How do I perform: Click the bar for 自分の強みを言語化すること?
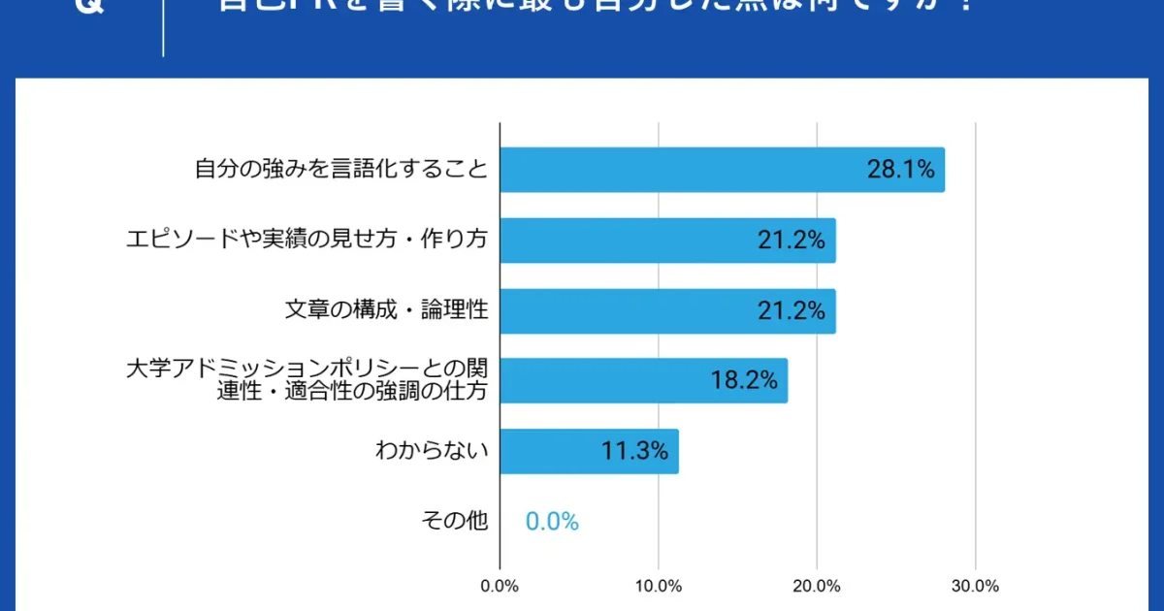[679, 170]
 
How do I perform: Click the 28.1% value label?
[900, 170]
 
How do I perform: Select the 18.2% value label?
[744, 380]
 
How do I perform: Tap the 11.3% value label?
[635, 451]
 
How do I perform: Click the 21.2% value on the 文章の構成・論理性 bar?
[792, 310]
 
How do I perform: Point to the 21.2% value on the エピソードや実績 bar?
[792, 241]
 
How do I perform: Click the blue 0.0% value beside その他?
[552, 522]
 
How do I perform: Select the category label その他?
[454, 522]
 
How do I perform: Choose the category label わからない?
[432, 451]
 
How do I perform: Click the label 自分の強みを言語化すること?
[340, 170]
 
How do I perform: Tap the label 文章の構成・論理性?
[386, 310]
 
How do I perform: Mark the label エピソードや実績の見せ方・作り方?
[307, 241]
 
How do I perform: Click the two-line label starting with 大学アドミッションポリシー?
[307, 380]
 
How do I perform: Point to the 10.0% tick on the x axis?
[659, 586]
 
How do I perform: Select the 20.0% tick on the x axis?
[817, 586]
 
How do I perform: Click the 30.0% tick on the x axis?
[975, 586]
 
